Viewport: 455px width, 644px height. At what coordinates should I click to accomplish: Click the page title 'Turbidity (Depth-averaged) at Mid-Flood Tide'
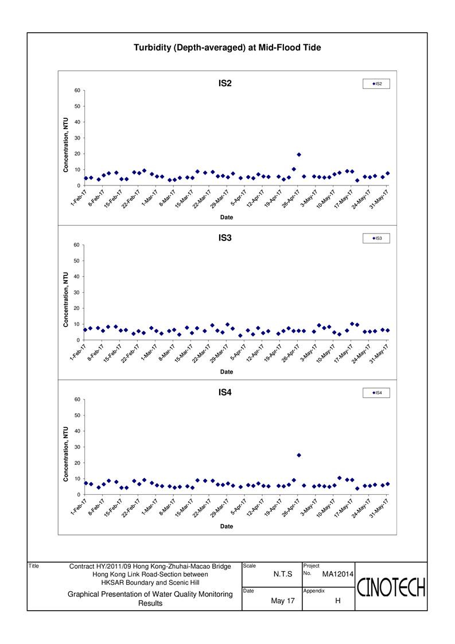click(227, 48)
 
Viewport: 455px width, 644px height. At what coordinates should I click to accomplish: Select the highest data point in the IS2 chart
click(299, 154)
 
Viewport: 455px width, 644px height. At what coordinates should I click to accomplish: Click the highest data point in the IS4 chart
click(299, 455)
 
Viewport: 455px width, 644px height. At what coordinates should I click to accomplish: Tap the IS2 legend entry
click(376, 84)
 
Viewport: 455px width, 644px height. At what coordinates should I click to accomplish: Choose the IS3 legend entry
click(376, 238)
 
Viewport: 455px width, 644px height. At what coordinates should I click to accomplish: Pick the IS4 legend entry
click(376, 393)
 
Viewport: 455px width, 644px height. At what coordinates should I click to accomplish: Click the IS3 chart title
click(225, 238)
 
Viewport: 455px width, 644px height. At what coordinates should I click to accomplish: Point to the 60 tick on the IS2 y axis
click(77, 90)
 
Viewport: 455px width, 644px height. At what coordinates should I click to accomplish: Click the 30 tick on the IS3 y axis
click(77, 292)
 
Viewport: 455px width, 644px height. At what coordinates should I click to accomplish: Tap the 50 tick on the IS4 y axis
click(77, 415)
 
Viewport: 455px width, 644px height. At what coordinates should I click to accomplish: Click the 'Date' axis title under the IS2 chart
click(227, 218)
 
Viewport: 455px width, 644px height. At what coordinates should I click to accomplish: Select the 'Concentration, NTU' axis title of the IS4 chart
click(66, 454)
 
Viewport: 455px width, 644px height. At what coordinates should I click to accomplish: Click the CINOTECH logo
click(391, 587)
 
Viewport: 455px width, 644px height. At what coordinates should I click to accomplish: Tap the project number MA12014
click(337, 574)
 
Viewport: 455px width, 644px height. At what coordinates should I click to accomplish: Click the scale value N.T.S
click(283, 574)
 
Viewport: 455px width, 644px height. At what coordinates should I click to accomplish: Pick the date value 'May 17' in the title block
click(283, 601)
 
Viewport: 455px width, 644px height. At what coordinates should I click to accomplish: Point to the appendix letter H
click(338, 601)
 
